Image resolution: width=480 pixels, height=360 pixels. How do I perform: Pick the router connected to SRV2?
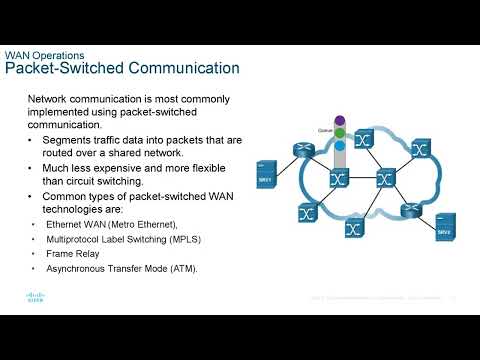(410, 211)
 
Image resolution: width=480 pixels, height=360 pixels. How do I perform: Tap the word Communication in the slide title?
(182, 69)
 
